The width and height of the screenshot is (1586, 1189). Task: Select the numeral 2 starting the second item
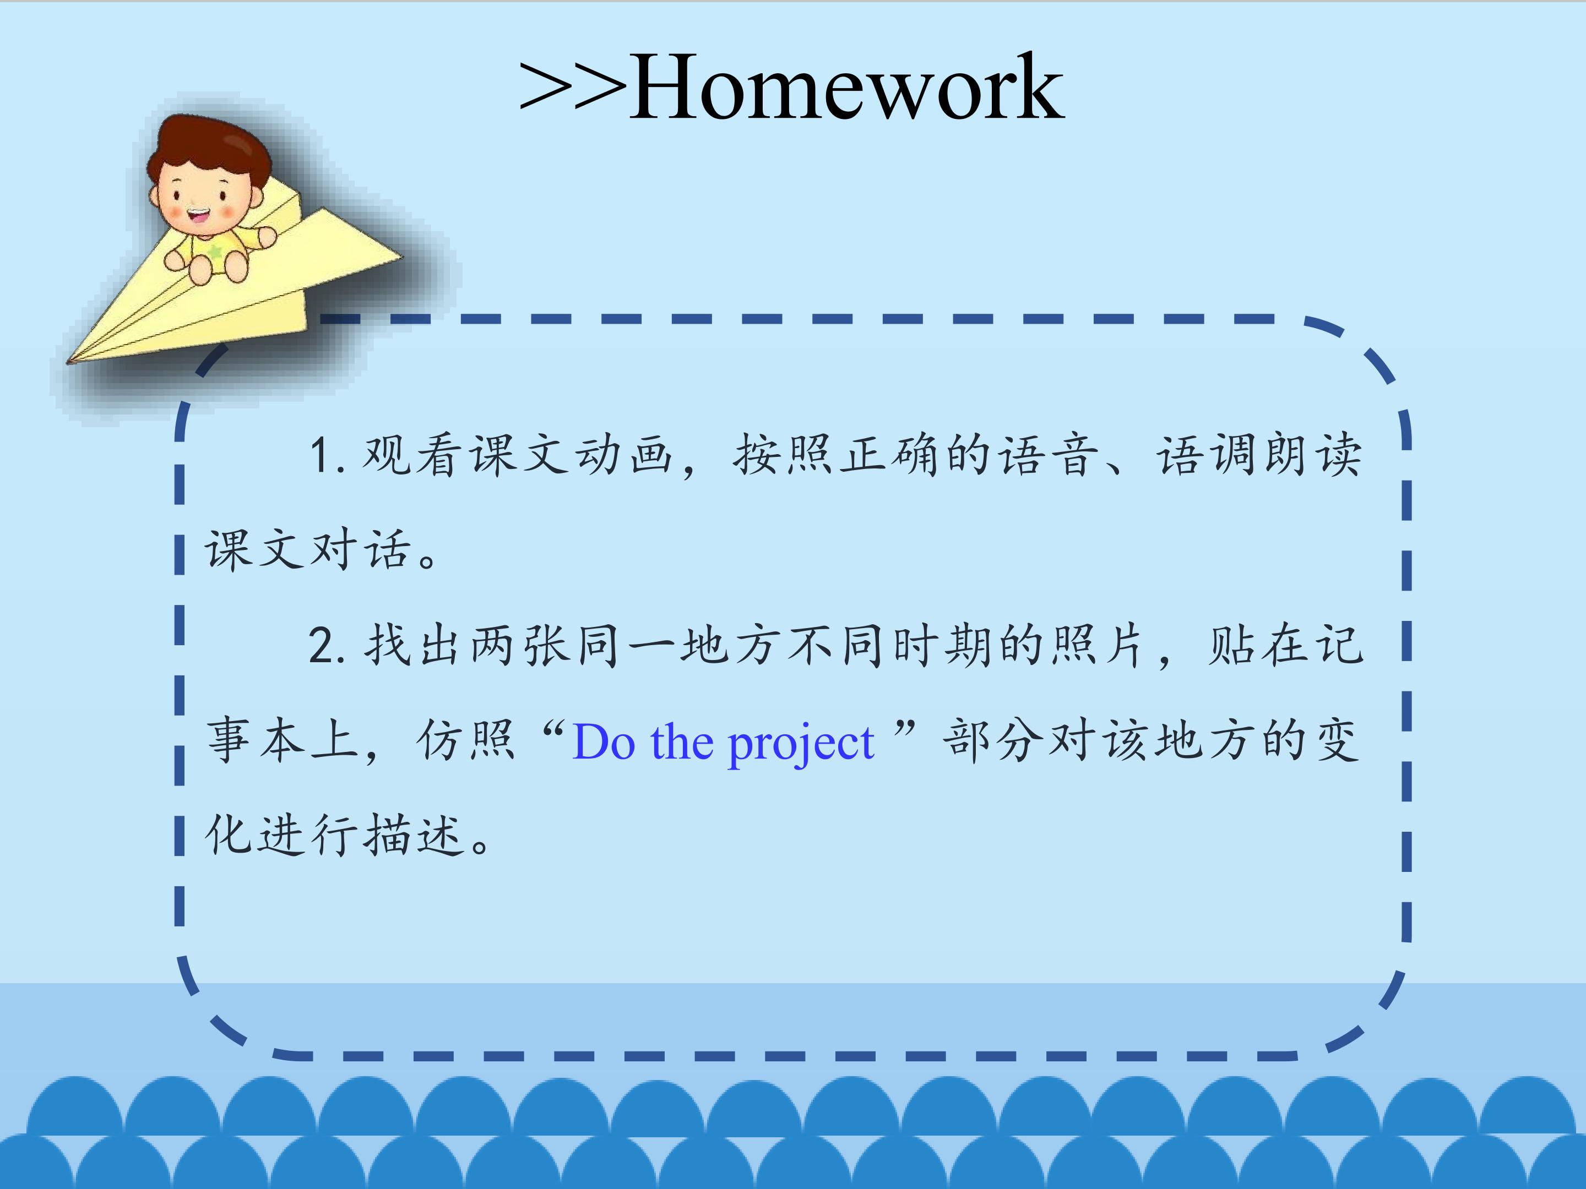[321, 645]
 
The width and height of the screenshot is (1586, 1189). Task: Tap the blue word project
[801, 744]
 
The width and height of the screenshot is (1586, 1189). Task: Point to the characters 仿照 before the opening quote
[465, 740]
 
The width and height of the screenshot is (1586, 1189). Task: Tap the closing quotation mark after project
[905, 731]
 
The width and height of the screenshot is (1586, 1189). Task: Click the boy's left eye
[223, 194]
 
